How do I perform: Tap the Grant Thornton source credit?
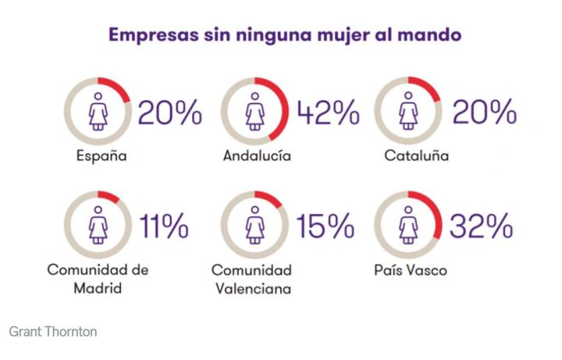(53, 331)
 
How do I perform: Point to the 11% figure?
(164, 226)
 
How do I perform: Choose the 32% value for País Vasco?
(480, 226)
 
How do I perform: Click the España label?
(101, 156)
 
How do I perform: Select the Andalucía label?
(257, 156)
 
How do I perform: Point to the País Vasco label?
(411, 270)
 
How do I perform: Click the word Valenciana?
(251, 289)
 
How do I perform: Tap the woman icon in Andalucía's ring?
(256, 112)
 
